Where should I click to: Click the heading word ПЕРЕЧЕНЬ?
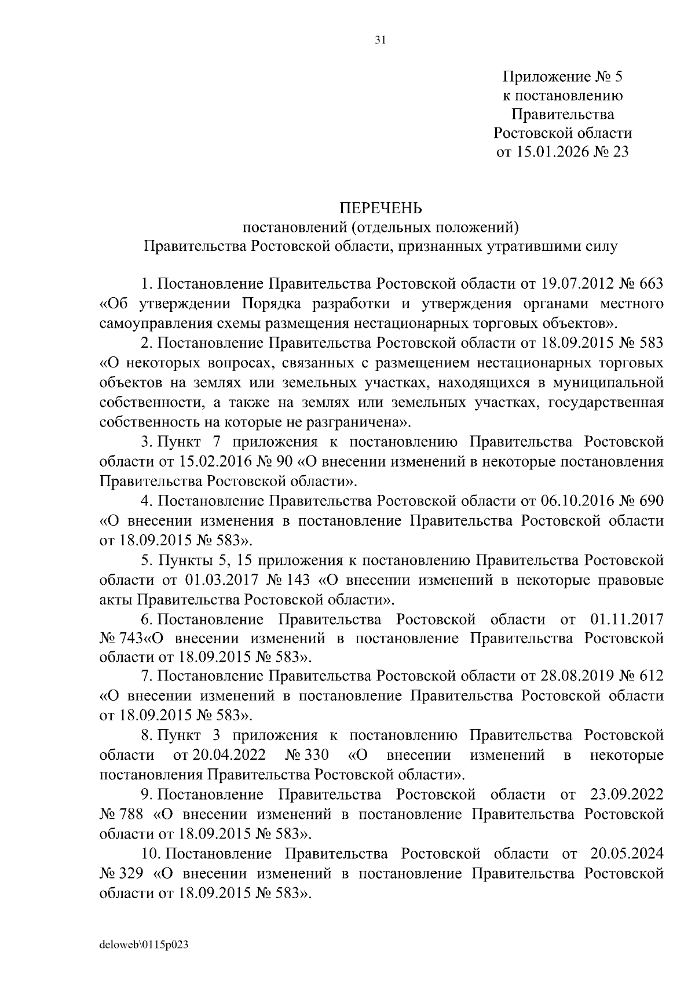tap(381, 207)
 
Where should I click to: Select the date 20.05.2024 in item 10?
tap(627, 854)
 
